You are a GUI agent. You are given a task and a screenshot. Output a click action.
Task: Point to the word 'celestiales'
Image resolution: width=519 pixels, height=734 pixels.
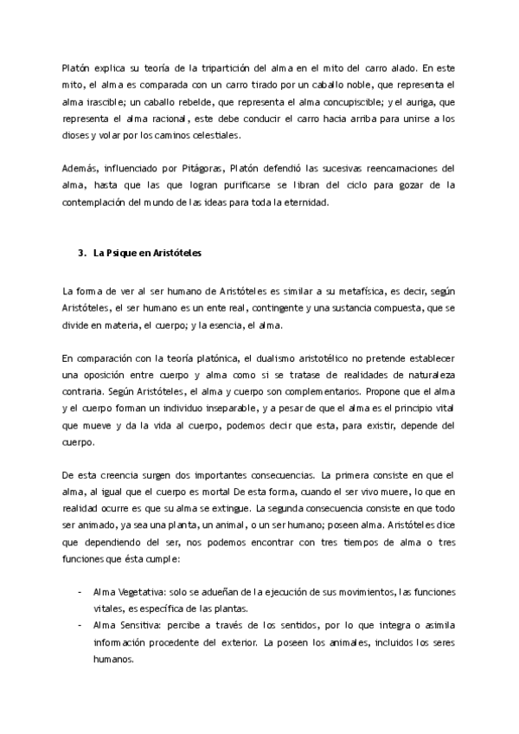tap(211, 136)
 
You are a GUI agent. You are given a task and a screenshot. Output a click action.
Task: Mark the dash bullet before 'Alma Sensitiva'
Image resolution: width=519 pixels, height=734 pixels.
tap(80, 624)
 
